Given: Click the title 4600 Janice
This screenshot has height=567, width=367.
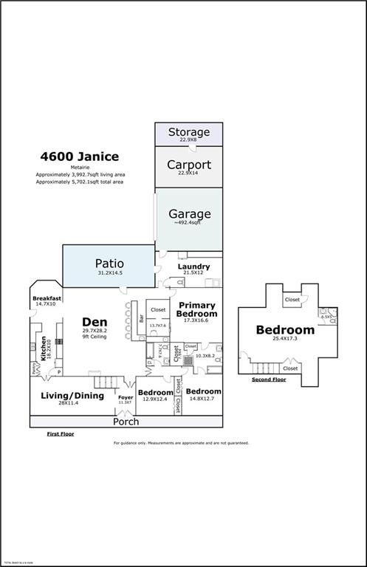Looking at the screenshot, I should (x=78, y=157).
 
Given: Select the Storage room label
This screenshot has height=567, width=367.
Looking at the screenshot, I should (x=188, y=132).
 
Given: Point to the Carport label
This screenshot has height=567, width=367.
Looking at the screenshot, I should (x=188, y=165).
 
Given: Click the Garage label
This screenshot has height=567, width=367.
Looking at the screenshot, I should (x=188, y=214).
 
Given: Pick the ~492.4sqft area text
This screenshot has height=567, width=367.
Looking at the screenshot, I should (x=188, y=224).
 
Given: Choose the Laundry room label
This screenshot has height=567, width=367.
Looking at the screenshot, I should (x=193, y=267).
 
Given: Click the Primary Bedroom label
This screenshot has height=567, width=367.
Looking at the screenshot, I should (x=196, y=310).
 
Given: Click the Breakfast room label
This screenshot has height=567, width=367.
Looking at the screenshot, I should (x=46, y=298).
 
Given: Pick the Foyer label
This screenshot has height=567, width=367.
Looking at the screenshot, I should (x=126, y=397).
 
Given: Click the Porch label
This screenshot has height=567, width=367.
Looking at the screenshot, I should (x=126, y=422).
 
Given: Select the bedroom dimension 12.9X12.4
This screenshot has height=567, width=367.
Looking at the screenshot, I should (x=155, y=399).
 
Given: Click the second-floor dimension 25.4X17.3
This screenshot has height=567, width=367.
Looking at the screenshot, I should (x=285, y=339).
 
